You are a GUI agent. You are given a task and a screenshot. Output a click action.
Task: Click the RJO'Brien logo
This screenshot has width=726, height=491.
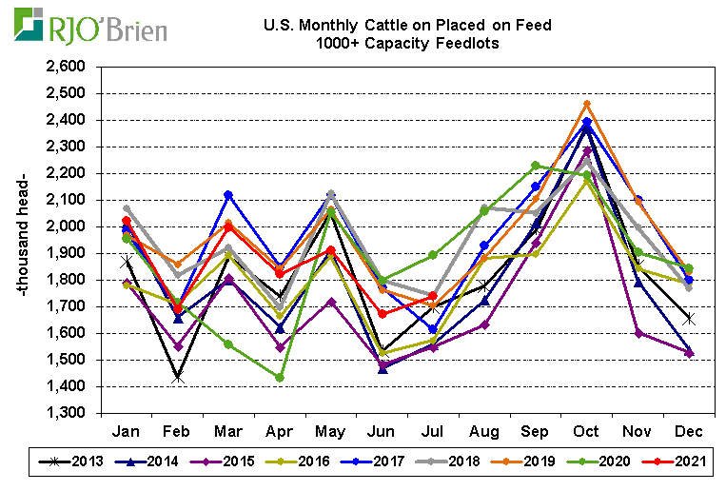coord(90,27)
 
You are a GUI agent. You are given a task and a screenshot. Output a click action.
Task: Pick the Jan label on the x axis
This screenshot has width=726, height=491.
coord(126,430)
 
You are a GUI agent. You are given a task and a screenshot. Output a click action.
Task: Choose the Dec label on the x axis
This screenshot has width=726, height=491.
coord(689,430)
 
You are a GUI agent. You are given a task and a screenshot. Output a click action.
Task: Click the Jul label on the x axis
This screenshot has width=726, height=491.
coord(433,430)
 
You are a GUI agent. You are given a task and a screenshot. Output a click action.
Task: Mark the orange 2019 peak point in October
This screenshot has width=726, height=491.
coord(587,104)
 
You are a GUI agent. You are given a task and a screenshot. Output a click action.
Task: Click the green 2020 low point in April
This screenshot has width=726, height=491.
coord(280,378)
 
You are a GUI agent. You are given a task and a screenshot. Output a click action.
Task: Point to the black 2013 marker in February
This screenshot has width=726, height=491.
coord(177,378)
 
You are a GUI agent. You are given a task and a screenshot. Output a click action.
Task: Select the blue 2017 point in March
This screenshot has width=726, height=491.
coord(228,194)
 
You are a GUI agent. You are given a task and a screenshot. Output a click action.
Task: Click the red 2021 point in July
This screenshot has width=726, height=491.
coord(433,296)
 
